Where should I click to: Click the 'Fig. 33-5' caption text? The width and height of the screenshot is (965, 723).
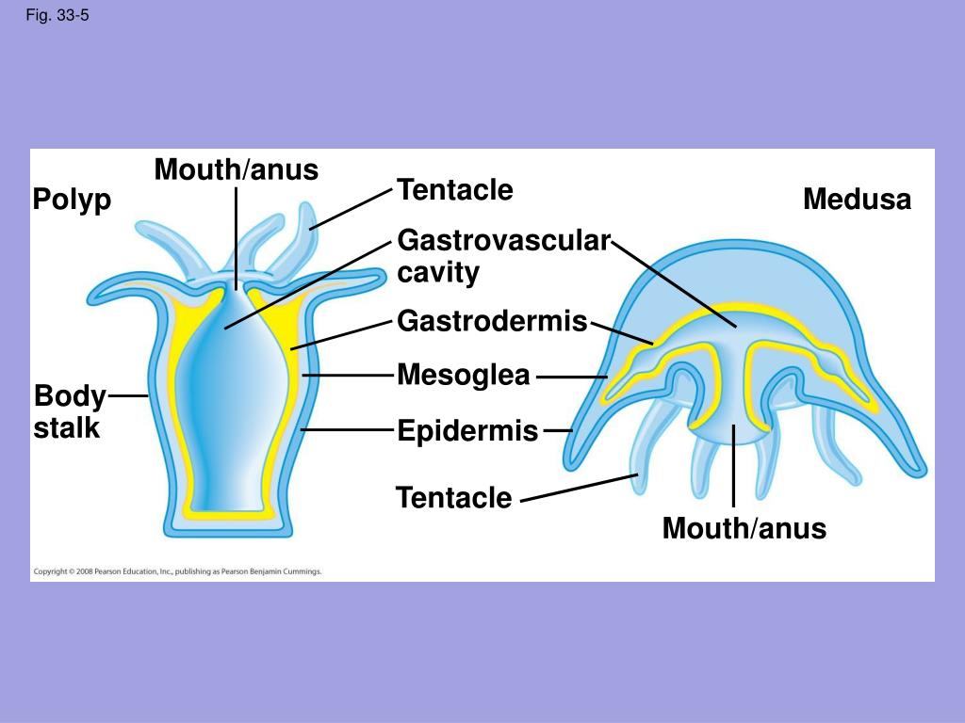tap(57, 15)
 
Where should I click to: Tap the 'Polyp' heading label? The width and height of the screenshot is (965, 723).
tap(72, 200)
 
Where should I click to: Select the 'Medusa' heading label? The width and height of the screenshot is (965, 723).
tap(857, 200)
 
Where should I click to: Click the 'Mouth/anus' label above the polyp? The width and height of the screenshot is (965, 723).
tap(237, 170)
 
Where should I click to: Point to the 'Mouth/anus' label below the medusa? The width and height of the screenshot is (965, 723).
tap(744, 528)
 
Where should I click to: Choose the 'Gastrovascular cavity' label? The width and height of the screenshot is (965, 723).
tap(503, 256)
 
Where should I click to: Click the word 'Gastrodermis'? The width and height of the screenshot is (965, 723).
tap(492, 321)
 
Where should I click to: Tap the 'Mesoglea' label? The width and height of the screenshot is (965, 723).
tap(464, 375)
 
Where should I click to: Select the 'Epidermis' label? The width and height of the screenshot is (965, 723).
tap(467, 431)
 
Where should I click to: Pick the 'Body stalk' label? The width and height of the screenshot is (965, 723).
tap(68, 411)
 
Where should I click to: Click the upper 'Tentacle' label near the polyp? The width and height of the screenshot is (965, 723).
tap(455, 190)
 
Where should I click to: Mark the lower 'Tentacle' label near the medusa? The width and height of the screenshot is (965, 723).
tap(454, 497)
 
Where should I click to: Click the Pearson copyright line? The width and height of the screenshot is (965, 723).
tap(178, 571)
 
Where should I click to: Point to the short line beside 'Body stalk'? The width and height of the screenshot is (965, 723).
tap(128, 396)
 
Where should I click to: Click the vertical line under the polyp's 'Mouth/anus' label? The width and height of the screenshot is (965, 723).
tap(237, 235)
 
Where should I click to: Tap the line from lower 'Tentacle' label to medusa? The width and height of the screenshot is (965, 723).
tap(579, 489)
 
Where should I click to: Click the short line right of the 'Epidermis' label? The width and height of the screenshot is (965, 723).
tap(558, 430)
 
